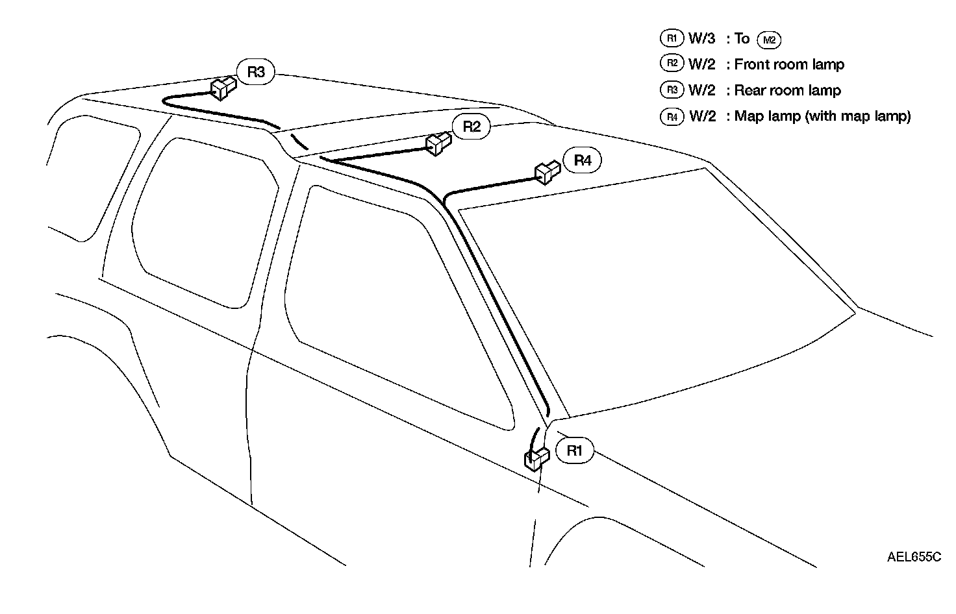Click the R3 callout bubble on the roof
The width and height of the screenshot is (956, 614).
coord(256,72)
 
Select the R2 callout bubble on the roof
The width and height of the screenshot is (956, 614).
coord(472,127)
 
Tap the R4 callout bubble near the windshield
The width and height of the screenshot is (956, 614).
coord(583,161)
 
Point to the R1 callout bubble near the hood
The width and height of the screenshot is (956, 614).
coord(575,451)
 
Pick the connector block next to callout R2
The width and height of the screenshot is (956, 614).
coord(438,143)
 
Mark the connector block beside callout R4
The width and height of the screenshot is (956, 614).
coord(547,172)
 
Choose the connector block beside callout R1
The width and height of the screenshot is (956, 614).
coord(536,458)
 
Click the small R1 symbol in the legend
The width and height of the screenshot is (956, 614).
coord(672,38)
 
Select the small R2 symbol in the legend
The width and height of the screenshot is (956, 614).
coord(672,64)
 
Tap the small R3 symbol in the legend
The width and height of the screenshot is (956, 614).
coord(672,90)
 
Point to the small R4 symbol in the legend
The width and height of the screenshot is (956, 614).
coord(672,116)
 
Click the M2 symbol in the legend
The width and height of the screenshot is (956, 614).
coord(769,40)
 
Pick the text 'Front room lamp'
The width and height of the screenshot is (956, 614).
coord(789,64)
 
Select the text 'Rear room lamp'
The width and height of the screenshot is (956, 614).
coord(787,90)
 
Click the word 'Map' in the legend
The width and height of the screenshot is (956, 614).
coord(749,117)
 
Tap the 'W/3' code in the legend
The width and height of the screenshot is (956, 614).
coord(702,38)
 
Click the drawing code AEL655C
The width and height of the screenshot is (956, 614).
coord(914,557)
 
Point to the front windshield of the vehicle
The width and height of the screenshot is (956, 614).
coord(649,292)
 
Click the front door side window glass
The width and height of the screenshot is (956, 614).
coord(396,305)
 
